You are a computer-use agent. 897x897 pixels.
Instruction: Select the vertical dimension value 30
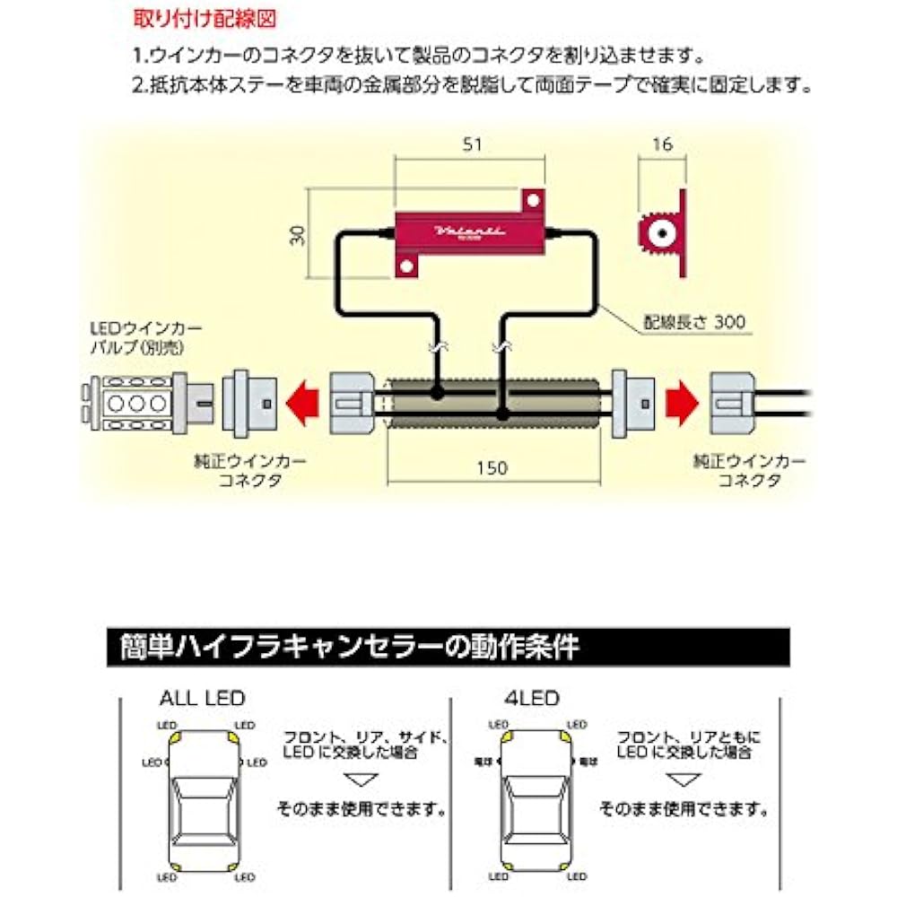pos(298,235)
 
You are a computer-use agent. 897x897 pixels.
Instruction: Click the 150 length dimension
pos(492,467)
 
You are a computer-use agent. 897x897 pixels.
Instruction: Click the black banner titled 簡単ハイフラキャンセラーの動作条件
pos(448,646)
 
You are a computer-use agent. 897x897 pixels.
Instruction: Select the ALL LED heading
pos(202,697)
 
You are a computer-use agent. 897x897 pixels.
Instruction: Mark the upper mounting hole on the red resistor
pos(531,199)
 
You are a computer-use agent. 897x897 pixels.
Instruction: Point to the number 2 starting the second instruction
pos(137,87)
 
